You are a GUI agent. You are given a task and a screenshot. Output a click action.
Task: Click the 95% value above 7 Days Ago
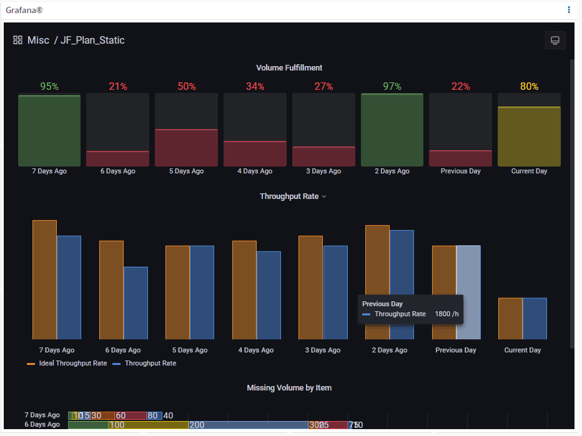49,87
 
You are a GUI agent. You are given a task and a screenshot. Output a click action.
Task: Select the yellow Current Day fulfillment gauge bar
529,136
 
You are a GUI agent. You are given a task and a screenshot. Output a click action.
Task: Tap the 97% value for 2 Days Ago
392,87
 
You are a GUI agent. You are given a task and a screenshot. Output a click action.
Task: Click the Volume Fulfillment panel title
289,67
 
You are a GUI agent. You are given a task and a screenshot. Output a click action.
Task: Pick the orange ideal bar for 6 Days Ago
111,290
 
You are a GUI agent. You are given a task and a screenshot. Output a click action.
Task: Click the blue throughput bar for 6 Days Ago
136,303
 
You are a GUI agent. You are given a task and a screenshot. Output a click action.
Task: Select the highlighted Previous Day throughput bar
468,292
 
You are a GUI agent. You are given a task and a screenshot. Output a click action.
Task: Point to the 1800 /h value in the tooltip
446,314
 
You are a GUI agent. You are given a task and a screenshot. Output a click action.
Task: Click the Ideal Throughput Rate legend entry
72,363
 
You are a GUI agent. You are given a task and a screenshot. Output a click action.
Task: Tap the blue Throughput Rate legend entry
150,363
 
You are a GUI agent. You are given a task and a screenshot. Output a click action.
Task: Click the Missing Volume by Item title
289,388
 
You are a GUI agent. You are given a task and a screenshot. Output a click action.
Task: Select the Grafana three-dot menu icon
569,10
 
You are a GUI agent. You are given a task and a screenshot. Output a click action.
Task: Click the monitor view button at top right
555,41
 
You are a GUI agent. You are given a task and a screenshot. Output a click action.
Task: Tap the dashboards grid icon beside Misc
18,41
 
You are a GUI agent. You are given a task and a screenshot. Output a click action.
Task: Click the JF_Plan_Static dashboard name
92,41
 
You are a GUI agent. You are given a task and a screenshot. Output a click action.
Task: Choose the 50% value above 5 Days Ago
187,87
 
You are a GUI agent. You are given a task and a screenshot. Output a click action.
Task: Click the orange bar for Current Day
510,318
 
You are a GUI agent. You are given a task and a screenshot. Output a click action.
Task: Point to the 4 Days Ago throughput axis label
256,350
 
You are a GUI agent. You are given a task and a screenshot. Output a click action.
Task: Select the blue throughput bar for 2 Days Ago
402,284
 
